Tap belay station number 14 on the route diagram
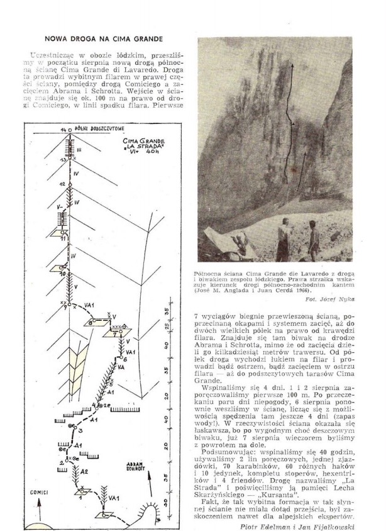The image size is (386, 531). point(62,129)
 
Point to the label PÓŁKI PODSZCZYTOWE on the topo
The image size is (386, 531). point(89,128)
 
